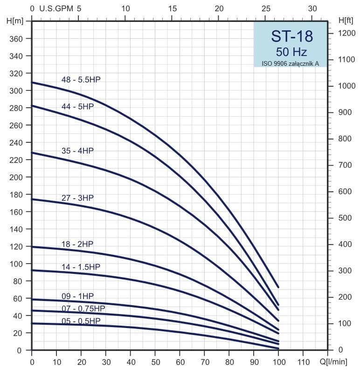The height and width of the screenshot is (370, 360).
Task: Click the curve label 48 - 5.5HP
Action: [81, 80]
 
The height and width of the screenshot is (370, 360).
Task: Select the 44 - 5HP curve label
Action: [77, 106]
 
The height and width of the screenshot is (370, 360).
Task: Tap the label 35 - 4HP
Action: [77, 151]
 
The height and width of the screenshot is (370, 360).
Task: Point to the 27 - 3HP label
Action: [77, 198]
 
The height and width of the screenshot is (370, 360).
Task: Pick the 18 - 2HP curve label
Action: [77, 244]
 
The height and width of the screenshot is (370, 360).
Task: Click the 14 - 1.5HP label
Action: [81, 267]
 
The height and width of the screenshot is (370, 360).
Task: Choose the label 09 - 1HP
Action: [77, 296]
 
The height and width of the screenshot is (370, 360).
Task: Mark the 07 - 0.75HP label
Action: [83, 308]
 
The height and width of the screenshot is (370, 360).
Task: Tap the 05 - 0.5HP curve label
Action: [81, 321]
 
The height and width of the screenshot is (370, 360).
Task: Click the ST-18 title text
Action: [292, 36]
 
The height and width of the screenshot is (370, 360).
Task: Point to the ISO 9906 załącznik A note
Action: [291, 63]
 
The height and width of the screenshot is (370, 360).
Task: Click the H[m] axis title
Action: [15, 21]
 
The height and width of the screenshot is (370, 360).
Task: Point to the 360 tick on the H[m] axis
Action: [16, 39]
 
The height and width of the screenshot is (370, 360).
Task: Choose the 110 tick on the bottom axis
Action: [303, 361]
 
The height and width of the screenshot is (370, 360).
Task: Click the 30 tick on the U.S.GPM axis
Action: [313, 8]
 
